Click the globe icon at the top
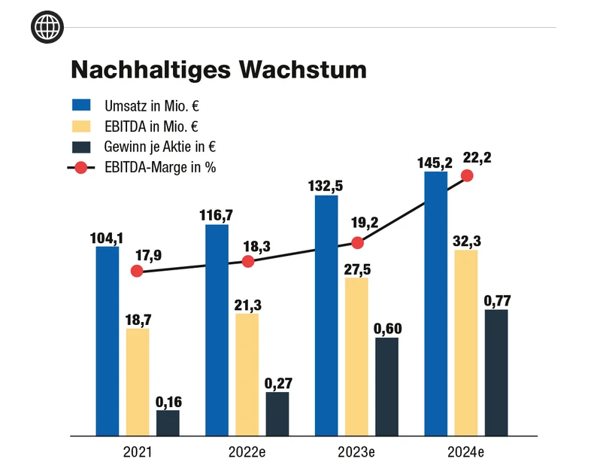coord(47,27)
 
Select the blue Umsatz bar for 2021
coord(108,341)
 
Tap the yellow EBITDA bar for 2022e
coord(247,374)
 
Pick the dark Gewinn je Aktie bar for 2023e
coord(386,386)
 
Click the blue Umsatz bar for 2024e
coord(436,303)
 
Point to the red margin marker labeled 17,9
coord(137,271)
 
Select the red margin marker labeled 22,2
coord(466,175)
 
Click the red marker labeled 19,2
coord(357,243)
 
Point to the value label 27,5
coord(357,269)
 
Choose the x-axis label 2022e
coord(247,453)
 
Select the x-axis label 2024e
coord(466,453)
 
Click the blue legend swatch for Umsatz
coord(80,105)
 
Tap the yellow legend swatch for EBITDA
coord(80,126)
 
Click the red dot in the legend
coord(80,167)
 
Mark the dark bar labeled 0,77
coord(496,372)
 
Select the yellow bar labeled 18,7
coord(138,382)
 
